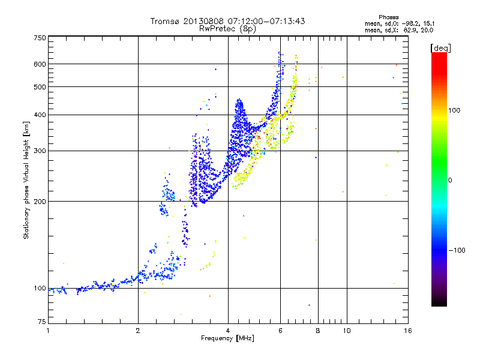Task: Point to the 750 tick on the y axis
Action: (40, 37)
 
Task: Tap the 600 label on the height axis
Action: (40, 64)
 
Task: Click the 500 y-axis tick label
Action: (40, 86)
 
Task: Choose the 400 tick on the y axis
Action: (40, 115)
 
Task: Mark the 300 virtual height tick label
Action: (40, 151)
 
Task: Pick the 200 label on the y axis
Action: (40, 201)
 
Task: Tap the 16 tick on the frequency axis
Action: (408, 331)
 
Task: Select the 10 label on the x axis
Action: (346, 331)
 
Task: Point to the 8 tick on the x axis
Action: (318, 331)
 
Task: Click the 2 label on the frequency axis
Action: (138, 331)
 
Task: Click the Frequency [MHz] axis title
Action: (227, 338)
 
